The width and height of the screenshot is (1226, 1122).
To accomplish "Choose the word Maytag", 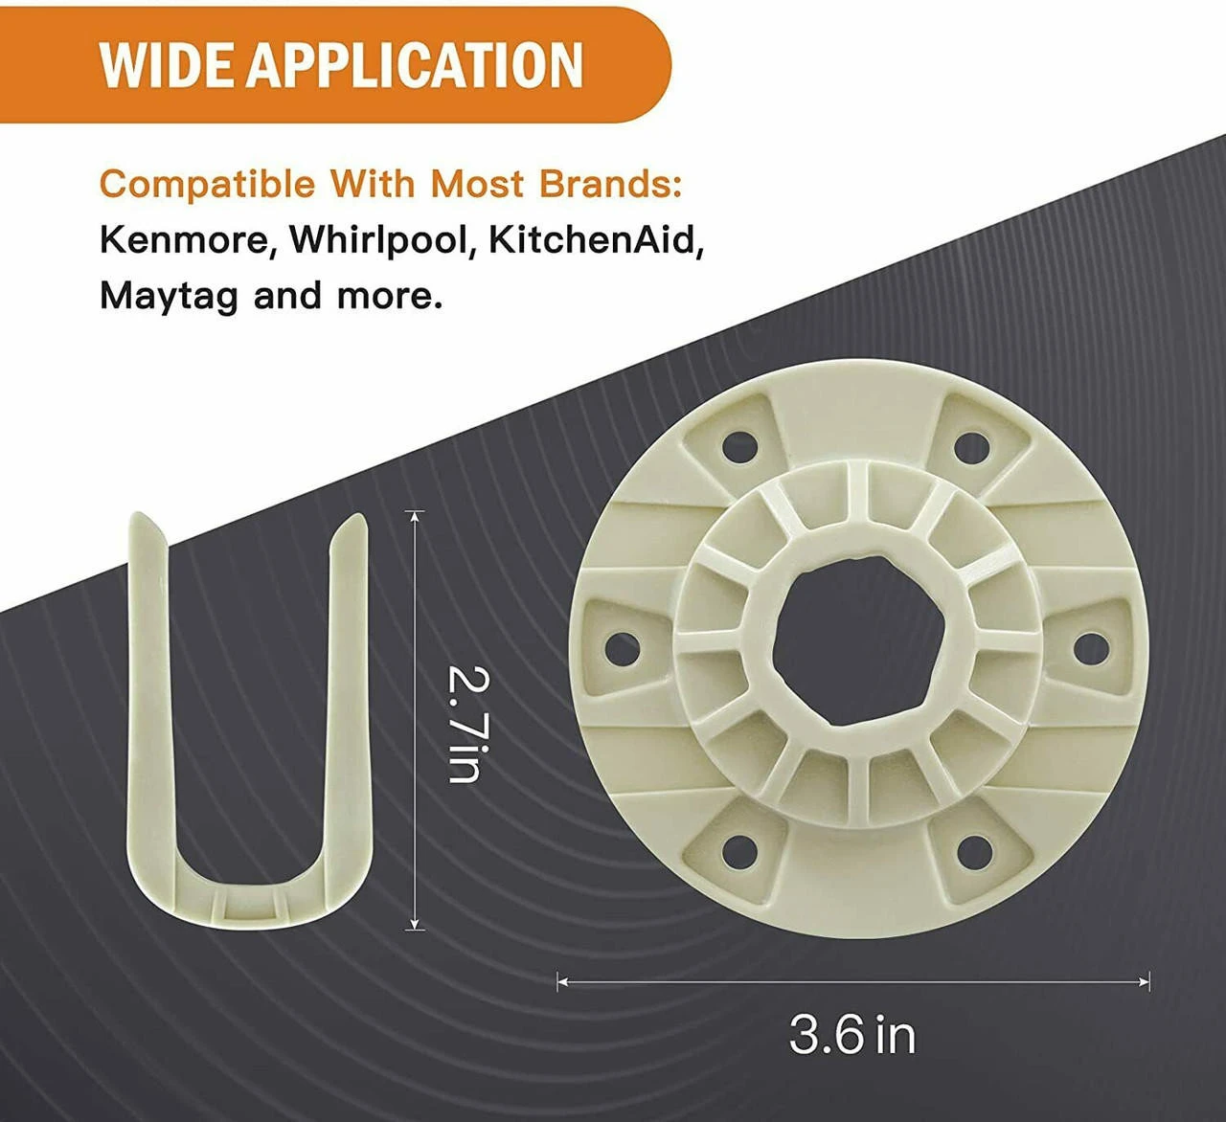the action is (169, 297).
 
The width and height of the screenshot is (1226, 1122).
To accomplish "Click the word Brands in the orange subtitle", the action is (610, 184).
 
